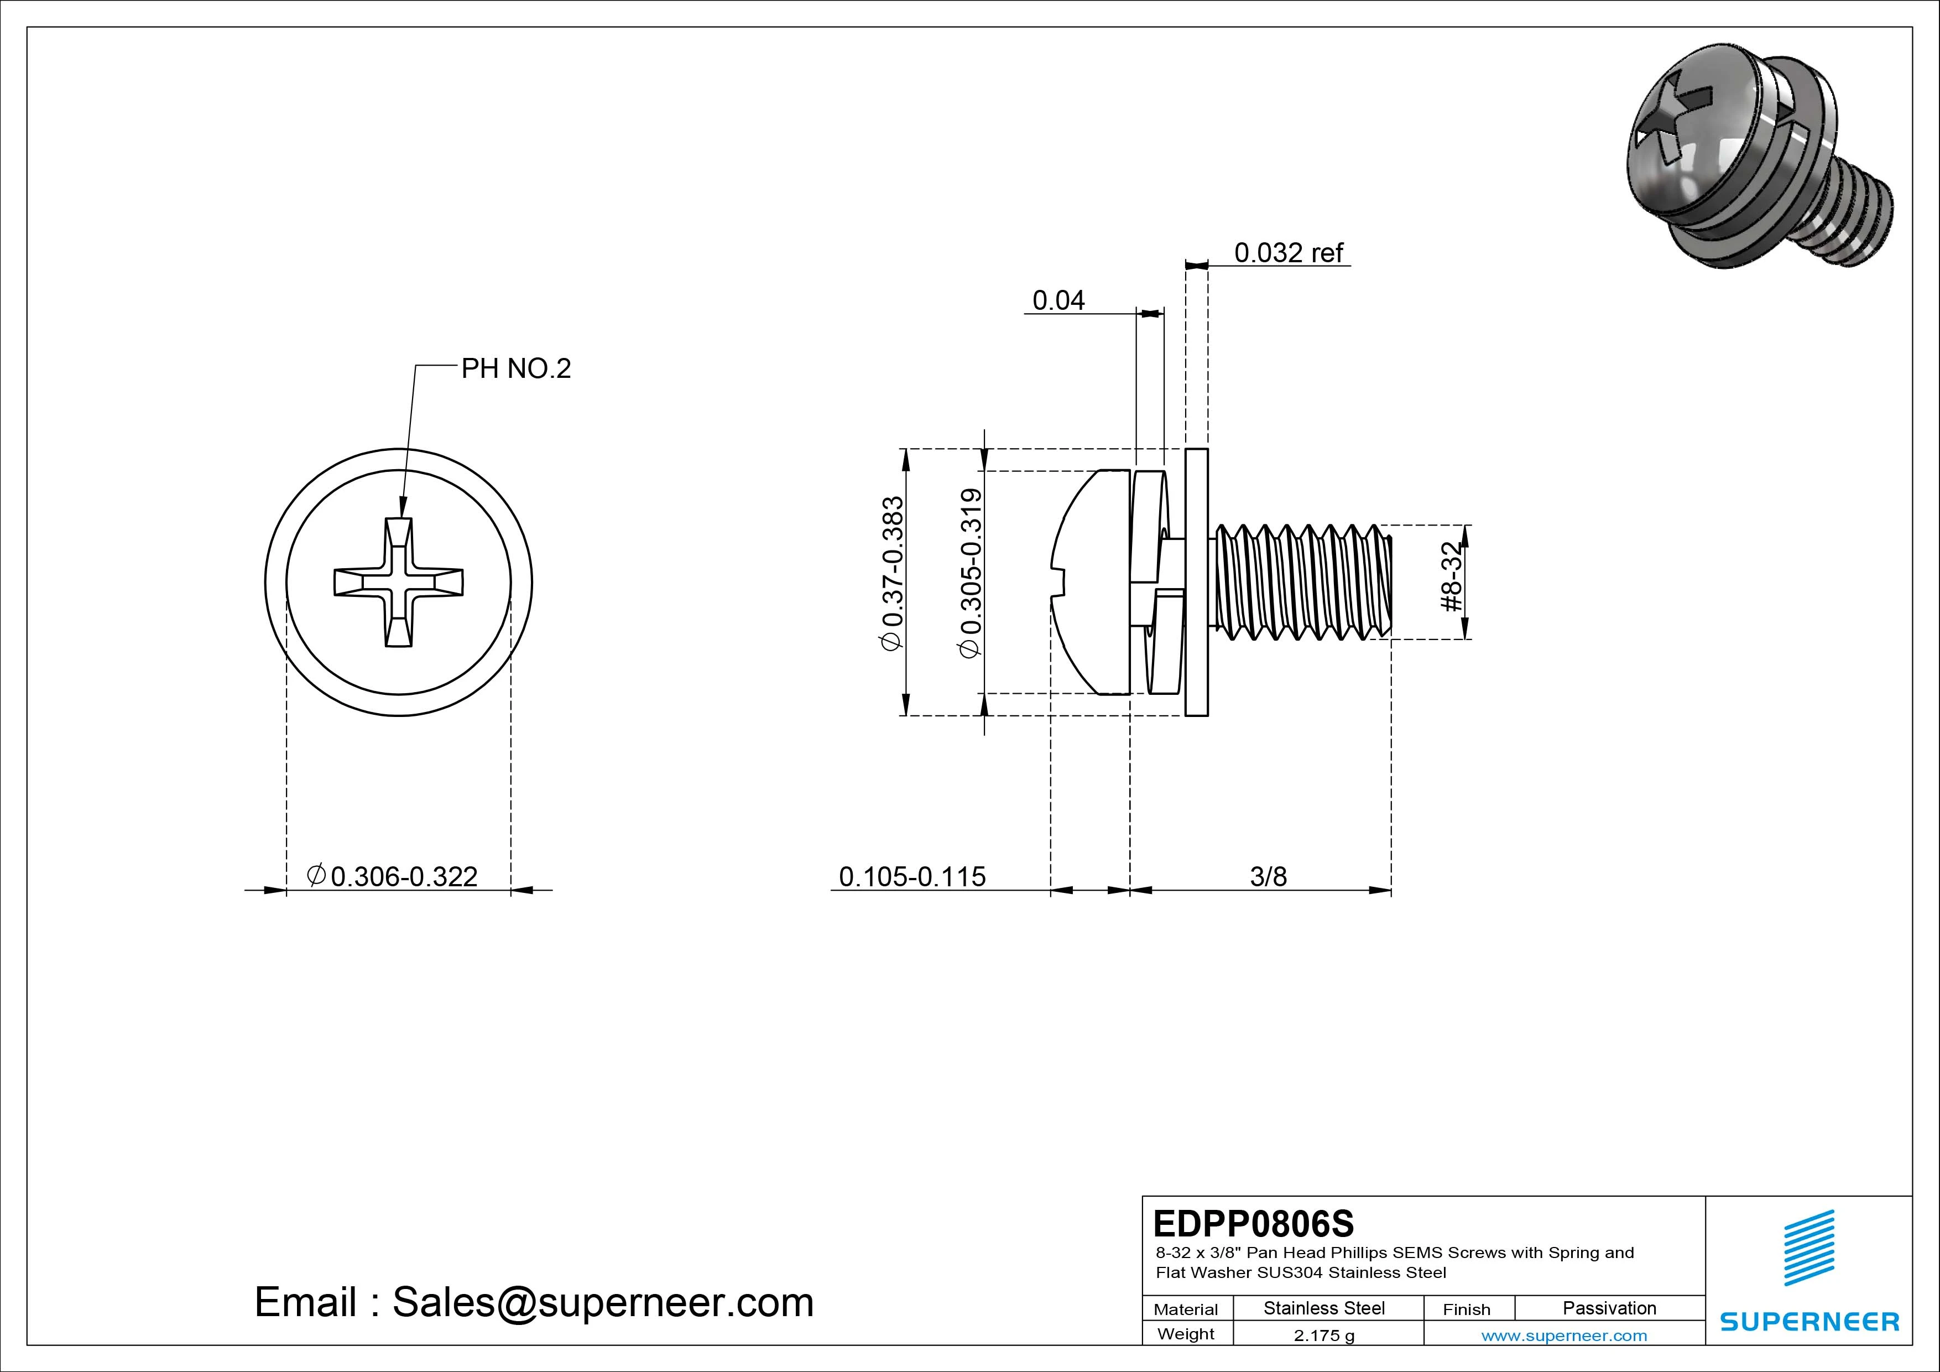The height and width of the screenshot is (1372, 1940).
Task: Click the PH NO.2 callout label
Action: coord(515,368)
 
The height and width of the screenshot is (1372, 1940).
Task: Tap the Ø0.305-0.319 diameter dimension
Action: coord(972,573)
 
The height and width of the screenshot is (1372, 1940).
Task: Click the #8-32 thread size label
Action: coord(1450,578)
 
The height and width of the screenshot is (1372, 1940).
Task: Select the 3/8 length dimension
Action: coord(1268,877)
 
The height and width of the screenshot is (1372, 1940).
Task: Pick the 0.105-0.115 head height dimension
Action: coord(912,877)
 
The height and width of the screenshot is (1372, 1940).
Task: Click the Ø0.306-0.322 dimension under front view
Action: coord(393,877)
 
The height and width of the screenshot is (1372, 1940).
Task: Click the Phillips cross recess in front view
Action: coord(399,583)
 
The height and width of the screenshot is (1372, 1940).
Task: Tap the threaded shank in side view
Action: coord(1301,581)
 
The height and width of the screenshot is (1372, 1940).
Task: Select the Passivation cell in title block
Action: coord(1609,1308)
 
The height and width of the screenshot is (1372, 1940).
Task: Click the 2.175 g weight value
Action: coord(1324,1335)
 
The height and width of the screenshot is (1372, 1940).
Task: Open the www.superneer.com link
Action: coord(1564,1335)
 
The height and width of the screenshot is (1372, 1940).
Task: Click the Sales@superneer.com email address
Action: coord(602,1303)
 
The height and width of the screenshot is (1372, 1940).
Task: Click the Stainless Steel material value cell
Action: coord(1324,1308)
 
